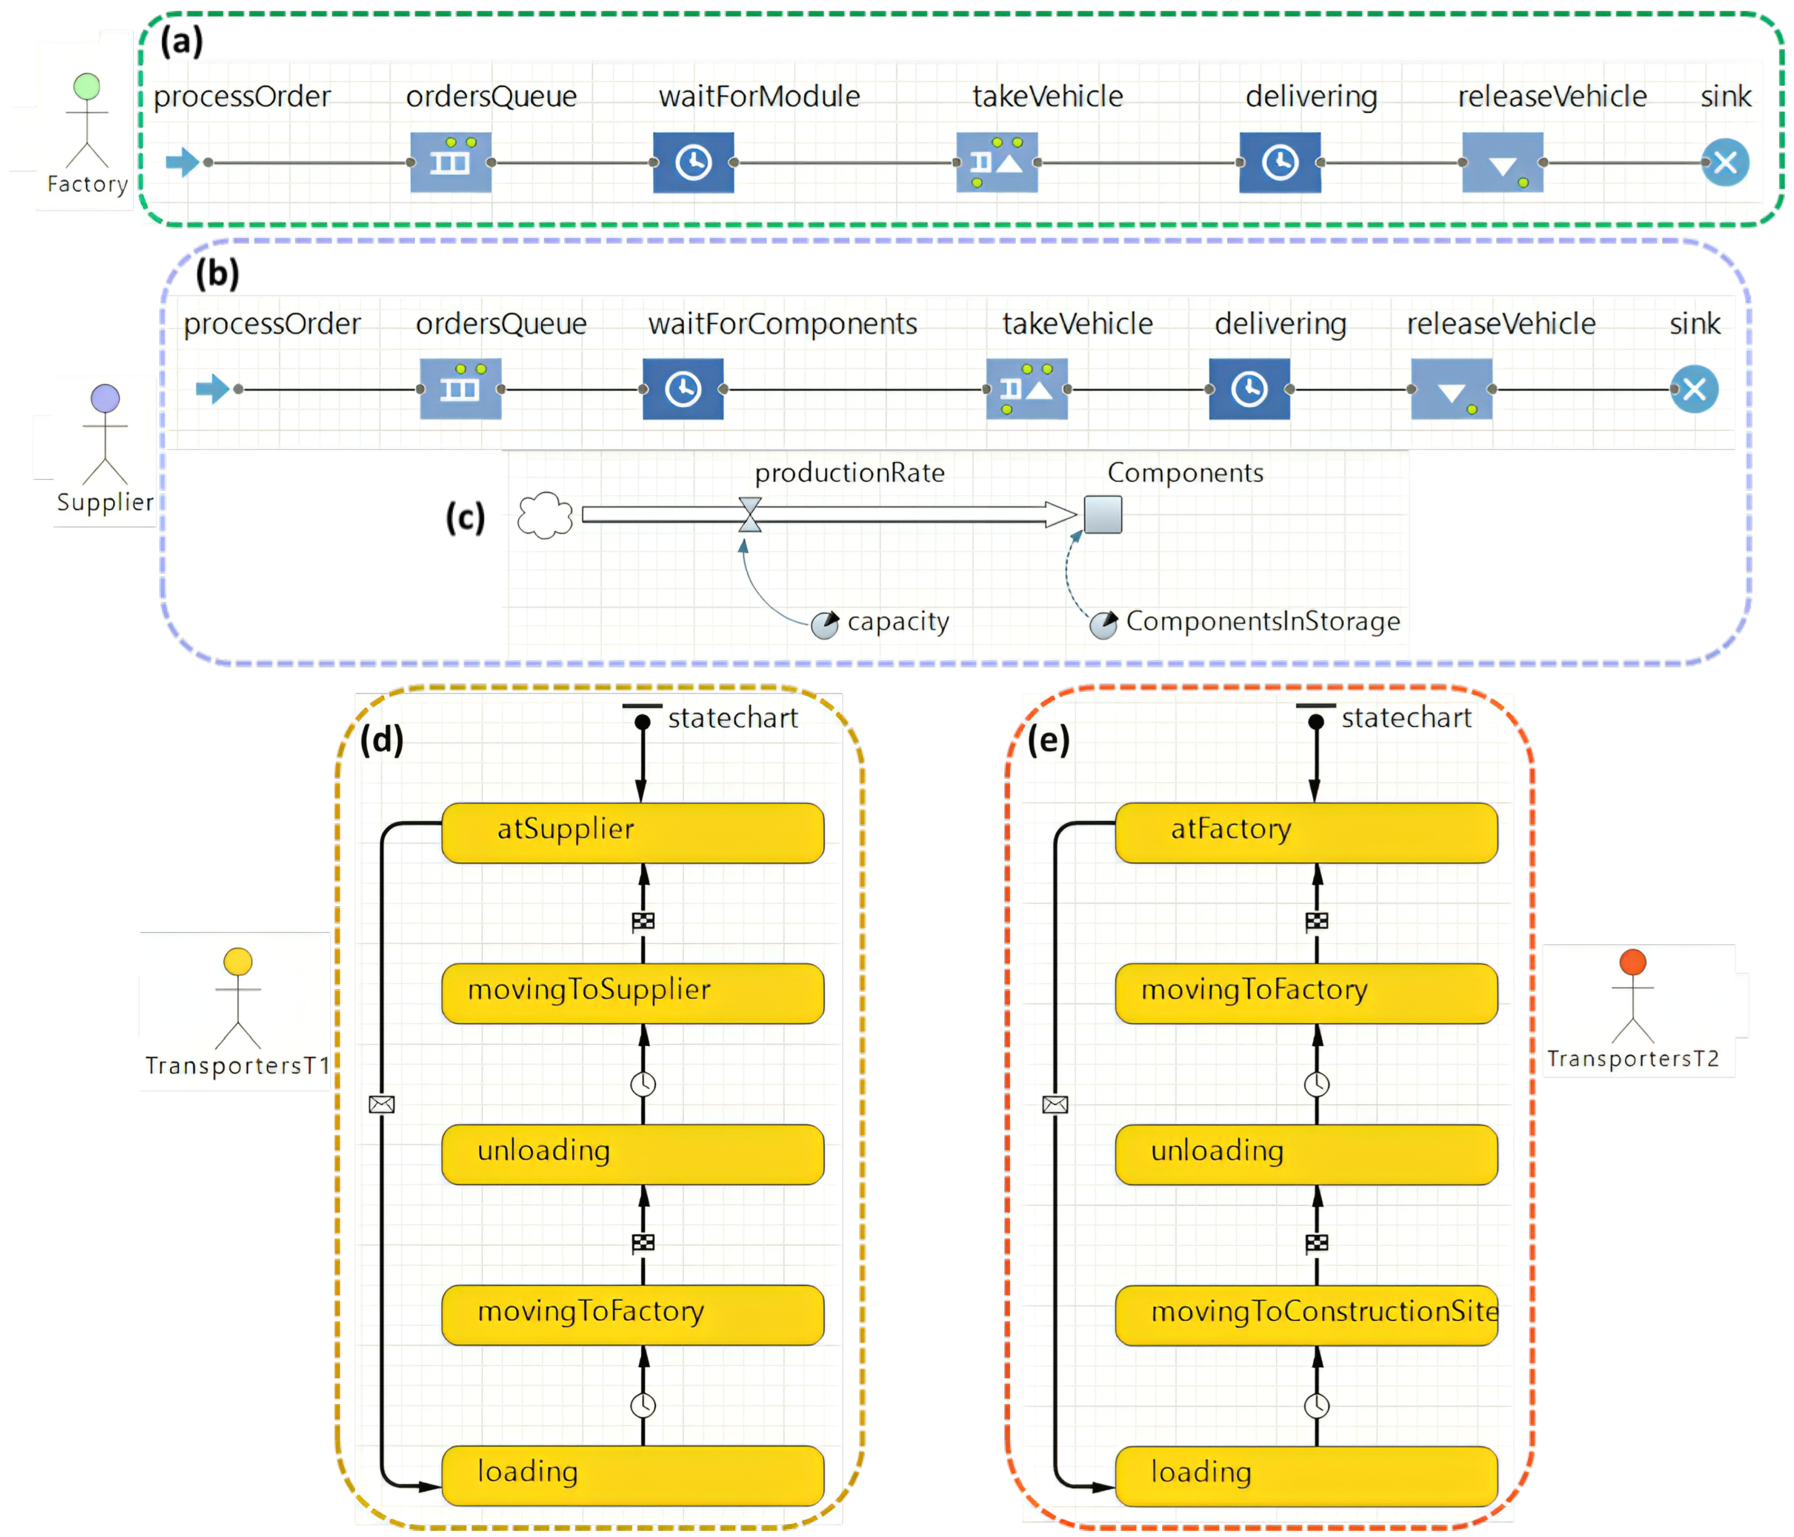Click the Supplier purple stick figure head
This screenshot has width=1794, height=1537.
tap(105, 398)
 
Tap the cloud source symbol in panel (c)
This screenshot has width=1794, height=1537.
tap(545, 516)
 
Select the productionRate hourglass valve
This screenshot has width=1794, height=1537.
tap(750, 514)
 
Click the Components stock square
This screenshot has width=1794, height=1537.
tap(1103, 514)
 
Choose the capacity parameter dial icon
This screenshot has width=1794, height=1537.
tap(824, 624)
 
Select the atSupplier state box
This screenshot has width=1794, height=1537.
tap(632, 832)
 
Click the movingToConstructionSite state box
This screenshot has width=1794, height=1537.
tap(1305, 1314)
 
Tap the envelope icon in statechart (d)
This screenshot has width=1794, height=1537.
tap(382, 1104)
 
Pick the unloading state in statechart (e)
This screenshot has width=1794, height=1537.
tap(1305, 1154)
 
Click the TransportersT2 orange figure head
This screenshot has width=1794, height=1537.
tap(1632, 962)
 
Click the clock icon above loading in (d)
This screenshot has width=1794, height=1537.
tap(642, 1406)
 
